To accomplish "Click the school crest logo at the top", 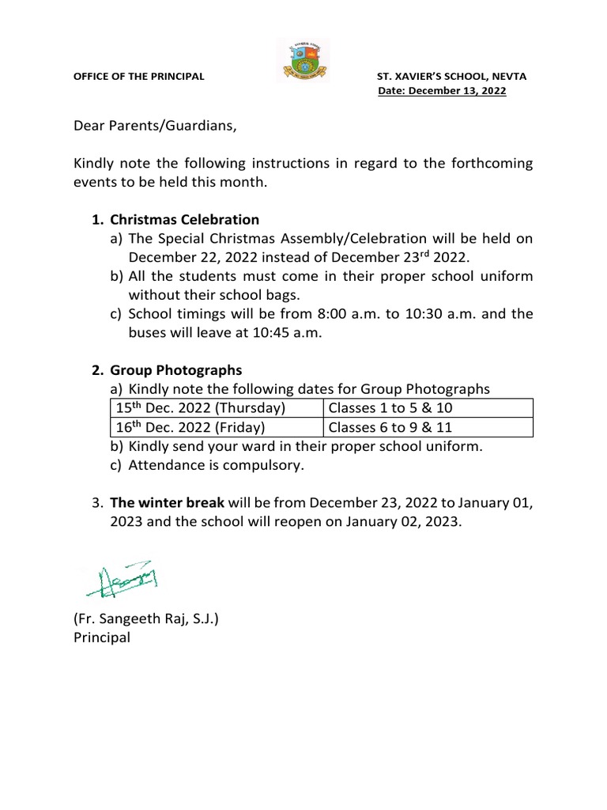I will [303, 61].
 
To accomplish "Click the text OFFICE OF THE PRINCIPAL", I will [138, 77].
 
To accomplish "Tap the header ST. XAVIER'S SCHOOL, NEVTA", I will [451, 77].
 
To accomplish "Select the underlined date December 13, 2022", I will [443, 91].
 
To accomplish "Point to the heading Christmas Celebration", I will [184, 219].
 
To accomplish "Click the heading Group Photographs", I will [175, 370].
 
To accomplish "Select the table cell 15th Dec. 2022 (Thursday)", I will [200, 408].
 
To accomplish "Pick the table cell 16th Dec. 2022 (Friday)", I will [190, 427].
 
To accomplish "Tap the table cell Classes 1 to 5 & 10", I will [390, 408].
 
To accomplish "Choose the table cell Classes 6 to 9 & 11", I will [390, 427].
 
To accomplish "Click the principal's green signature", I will [119, 582].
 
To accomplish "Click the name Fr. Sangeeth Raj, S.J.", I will [146, 619].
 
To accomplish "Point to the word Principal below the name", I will [102, 638].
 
